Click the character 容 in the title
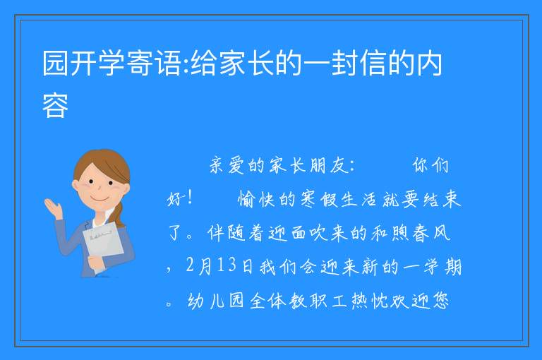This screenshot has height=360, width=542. pos(55,104)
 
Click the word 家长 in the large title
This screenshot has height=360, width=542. pos(247,63)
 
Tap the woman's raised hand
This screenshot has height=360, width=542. pos(53,207)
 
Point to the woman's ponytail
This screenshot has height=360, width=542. pos(119,215)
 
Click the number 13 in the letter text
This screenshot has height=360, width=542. pos(227,265)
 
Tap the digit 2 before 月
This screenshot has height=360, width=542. pos(190,265)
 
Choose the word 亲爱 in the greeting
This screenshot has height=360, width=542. pos(227,165)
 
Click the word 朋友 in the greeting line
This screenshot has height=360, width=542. pos(328,165)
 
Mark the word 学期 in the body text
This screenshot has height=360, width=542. pos(443,267)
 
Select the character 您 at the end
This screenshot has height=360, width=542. pos(440,301)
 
